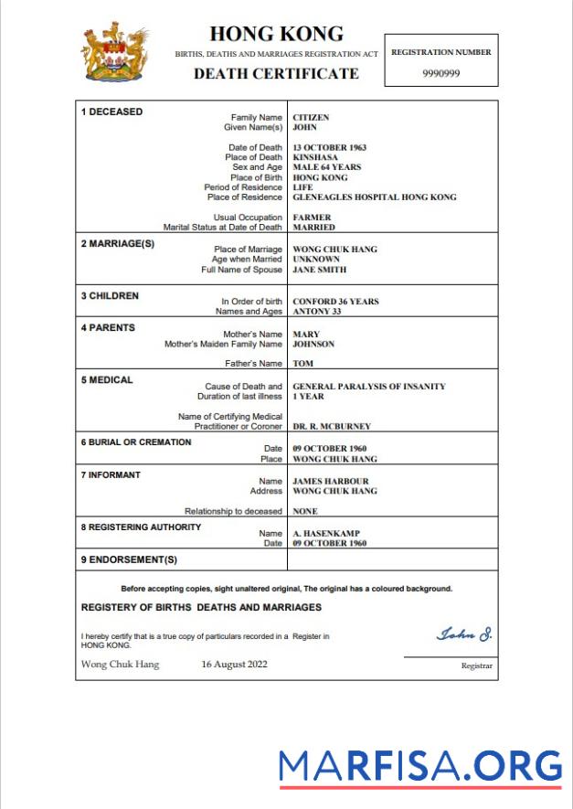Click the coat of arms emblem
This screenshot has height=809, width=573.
(x=115, y=52)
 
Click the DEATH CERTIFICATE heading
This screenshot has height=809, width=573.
(x=276, y=73)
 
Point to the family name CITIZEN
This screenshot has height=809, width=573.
(x=311, y=118)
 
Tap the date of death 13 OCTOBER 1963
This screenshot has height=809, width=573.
(x=329, y=147)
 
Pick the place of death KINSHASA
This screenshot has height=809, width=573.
(x=315, y=157)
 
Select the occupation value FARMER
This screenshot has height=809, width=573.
(x=312, y=218)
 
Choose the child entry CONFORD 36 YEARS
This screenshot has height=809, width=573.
(x=335, y=301)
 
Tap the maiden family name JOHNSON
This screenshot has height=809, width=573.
(x=313, y=345)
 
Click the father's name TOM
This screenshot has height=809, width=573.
(x=302, y=364)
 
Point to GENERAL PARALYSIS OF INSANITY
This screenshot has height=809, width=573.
(x=368, y=387)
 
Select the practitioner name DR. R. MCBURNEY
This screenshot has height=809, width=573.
(x=331, y=426)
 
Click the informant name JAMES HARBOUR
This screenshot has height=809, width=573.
(x=330, y=481)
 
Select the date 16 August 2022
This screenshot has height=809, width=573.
(x=234, y=665)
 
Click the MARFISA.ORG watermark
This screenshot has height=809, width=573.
(x=419, y=766)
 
